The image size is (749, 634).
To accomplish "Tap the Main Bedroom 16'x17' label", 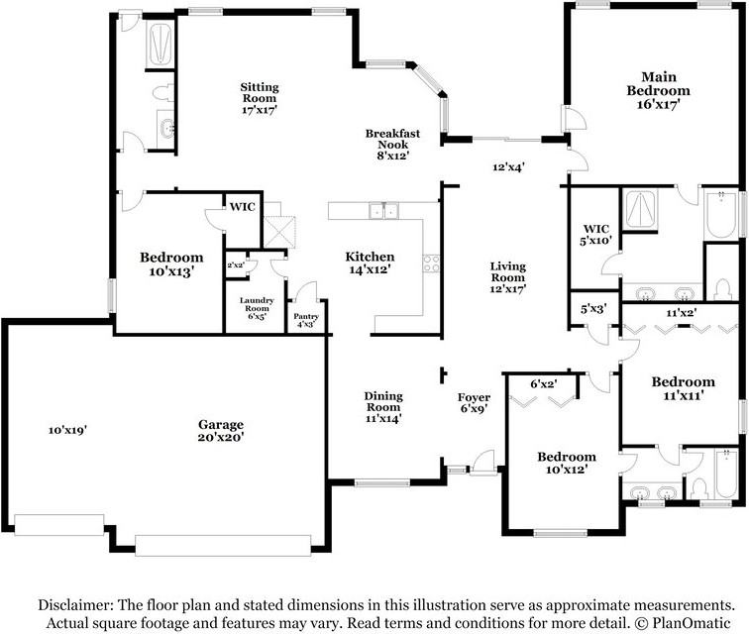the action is [x=658, y=90].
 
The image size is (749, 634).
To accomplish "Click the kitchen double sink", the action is [x=384, y=210].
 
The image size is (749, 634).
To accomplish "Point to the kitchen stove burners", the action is [x=431, y=264].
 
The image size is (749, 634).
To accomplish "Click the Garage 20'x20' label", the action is [x=221, y=430].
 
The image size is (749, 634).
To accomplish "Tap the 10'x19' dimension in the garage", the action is [x=67, y=430].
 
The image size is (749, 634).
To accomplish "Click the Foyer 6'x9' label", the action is [x=474, y=402].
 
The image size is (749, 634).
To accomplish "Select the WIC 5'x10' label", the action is [x=595, y=234].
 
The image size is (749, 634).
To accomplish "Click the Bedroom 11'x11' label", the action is [x=683, y=388].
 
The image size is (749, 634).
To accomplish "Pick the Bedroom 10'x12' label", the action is [x=567, y=463].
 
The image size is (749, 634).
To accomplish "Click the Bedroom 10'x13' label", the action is [x=171, y=264].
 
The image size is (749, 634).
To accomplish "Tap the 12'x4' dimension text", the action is [x=508, y=166].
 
